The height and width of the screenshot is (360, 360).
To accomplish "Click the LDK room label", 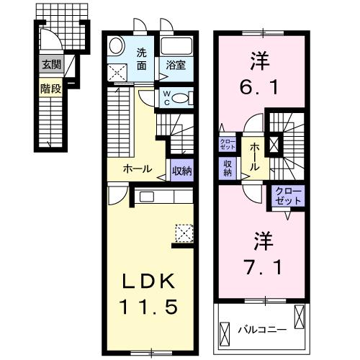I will (x=153, y=280).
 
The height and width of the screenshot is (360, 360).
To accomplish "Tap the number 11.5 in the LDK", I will (x=153, y=306).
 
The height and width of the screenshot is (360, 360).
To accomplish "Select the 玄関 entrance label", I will (x=50, y=65).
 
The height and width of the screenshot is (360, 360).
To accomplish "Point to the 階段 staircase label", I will (x=50, y=89).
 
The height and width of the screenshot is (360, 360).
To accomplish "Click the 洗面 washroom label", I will (x=143, y=58).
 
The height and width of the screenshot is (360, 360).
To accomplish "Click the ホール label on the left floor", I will (x=137, y=169).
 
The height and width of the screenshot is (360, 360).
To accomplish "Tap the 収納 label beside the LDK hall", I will (x=182, y=171).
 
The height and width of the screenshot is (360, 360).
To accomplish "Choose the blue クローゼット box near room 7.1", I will (x=288, y=197).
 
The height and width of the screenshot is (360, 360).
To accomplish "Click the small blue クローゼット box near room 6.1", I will (x=225, y=141).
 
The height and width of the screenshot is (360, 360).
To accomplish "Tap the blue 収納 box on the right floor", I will (x=228, y=168).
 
